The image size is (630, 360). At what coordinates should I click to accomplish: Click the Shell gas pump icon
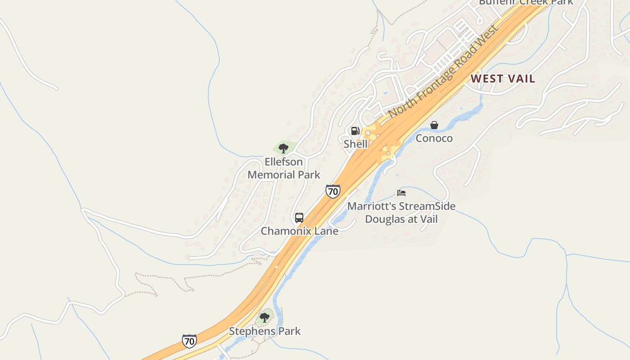pos(355,131)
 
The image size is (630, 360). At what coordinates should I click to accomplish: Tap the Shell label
pos(355,144)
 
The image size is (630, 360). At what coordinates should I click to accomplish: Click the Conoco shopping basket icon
pos(434,125)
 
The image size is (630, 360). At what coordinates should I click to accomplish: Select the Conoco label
pos(434,138)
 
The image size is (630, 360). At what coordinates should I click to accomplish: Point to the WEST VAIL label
pos(503,79)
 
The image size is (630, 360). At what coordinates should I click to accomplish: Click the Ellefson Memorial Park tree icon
pos(283,148)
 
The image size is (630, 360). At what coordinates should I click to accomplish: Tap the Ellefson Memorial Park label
pos(283,168)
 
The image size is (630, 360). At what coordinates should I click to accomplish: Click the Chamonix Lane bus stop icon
pos(299,218)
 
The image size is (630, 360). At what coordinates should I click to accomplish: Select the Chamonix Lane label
pos(300,231)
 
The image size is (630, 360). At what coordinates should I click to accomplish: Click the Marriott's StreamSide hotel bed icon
pos(401,193)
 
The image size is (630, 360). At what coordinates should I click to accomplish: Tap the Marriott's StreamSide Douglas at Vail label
pos(401,213)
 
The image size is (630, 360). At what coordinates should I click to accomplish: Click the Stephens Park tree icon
pos(265,318)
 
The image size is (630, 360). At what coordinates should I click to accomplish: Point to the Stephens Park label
pos(265,331)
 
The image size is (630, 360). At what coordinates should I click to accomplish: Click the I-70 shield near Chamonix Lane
pos(333,191)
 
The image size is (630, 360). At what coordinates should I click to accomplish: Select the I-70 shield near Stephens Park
pos(189,341)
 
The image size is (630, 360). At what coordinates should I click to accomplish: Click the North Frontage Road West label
pos(443,72)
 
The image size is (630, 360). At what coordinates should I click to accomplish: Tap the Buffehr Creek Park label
pos(526,2)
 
